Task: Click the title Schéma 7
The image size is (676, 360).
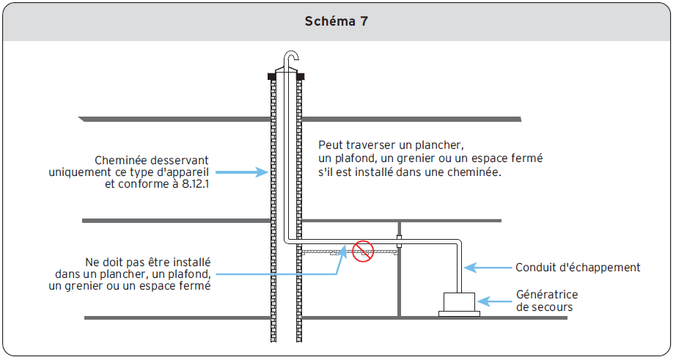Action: [x=337, y=22]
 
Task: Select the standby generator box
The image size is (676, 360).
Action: [x=460, y=301]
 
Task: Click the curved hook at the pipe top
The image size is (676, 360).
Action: [x=294, y=58]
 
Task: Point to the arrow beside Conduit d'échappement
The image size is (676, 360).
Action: [x=488, y=268]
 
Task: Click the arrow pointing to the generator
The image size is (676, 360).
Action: [x=494, y=301]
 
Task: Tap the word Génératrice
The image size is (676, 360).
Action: [x=547, y=294]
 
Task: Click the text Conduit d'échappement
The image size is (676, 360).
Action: [x=578, y=268]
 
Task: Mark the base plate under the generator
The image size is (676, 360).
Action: [x=460, y=314]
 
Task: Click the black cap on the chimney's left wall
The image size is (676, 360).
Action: [x=273, y=76]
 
